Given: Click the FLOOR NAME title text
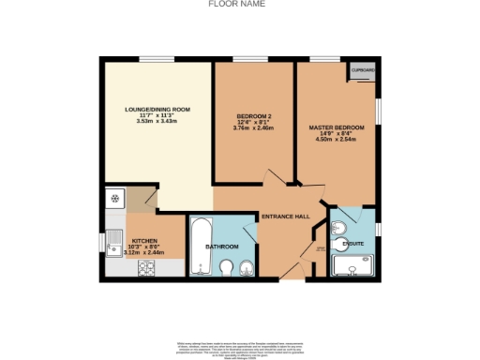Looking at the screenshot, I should [x=234, y=4].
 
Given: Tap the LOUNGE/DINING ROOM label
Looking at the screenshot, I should [x=157, y=110].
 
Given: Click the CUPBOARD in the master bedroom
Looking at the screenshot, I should [x=362, y=71].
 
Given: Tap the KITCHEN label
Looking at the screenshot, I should [x=143, y=241].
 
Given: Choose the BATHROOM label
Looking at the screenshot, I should [x=222, y=247].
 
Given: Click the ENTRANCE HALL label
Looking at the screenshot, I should [x=284, y=216].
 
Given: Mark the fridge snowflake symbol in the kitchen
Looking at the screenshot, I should [x=114, y=199].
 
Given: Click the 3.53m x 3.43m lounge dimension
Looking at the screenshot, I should [x=157, y=121].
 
